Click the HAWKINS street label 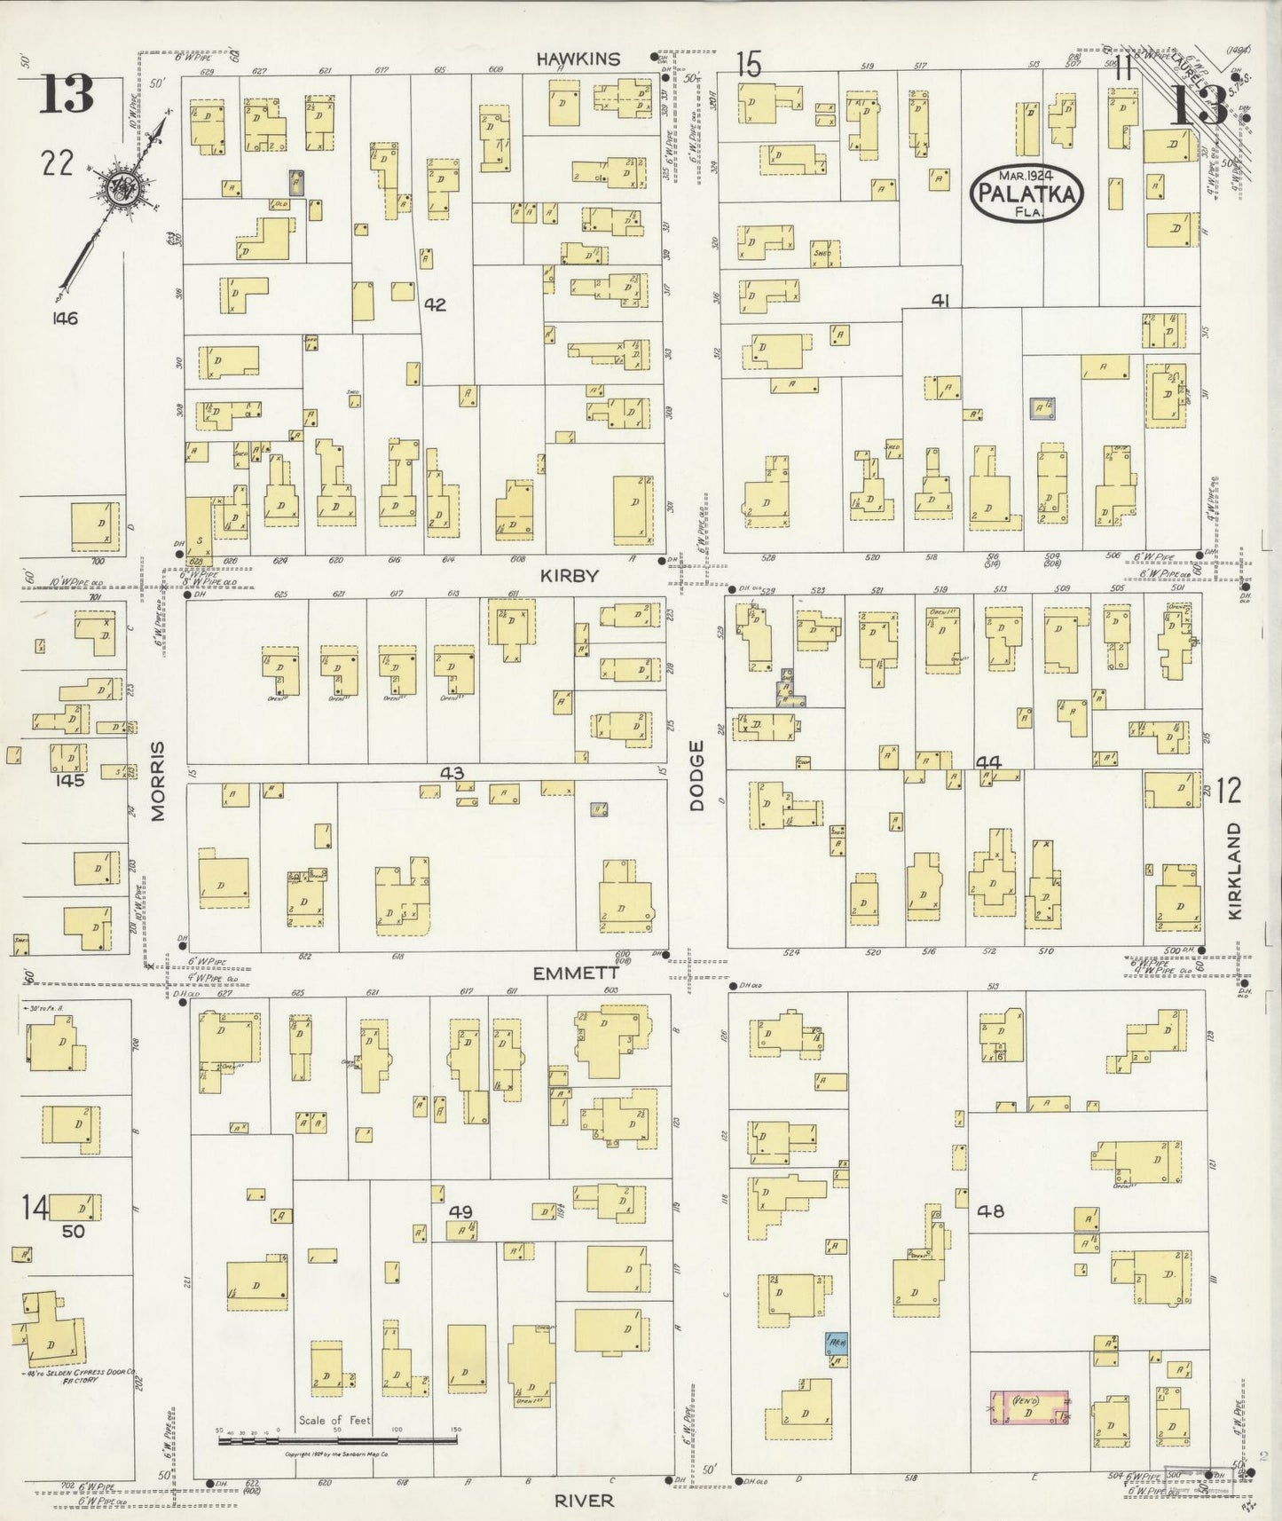click(577, 59)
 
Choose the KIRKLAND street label click(1236, 870)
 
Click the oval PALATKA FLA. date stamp click(1030, 190)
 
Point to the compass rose click(118, 188)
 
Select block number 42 click(434, 304)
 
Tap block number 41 click(940, 302)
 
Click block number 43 click(452, 774)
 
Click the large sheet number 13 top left click(67, 94)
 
